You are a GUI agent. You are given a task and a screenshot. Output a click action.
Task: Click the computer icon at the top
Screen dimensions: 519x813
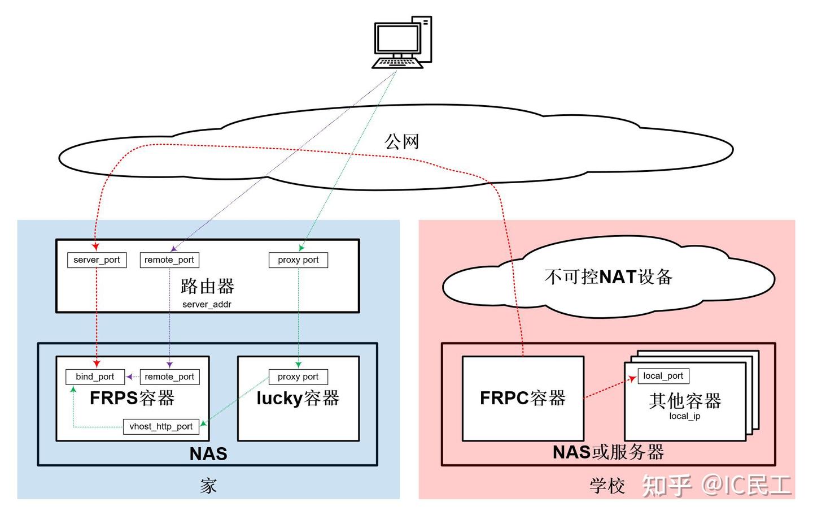click(402, 43)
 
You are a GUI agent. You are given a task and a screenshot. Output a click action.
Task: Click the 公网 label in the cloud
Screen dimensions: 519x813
click(402, 141)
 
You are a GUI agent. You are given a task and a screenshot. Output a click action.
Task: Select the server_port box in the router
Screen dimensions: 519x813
click(97, 260)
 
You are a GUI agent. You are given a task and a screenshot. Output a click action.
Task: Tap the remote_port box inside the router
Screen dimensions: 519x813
click(169, 260)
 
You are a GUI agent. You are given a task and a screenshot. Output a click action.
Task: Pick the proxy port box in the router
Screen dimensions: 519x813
click(298, 260)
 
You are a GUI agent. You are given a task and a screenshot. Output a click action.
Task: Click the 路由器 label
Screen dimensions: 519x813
click(207, 286)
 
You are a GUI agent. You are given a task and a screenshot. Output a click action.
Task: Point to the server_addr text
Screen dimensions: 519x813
click(207, 304)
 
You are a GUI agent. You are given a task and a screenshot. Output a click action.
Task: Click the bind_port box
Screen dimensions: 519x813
click(95, 377)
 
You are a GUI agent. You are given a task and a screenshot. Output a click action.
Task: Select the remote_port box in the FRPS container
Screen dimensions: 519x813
click(169, 377)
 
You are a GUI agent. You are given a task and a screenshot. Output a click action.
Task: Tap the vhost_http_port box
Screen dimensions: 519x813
click(161, 426)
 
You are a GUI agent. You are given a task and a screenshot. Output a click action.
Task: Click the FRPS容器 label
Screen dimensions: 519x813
click(132, 398)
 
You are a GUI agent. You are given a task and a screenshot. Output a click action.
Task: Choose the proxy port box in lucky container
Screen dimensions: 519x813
click(298, 377)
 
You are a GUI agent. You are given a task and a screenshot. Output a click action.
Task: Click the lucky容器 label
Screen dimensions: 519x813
click(298, 398)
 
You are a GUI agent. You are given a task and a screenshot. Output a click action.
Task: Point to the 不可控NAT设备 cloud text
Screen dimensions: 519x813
click(608, 276)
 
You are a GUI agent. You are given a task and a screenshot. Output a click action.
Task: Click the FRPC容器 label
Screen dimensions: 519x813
click(523, 398)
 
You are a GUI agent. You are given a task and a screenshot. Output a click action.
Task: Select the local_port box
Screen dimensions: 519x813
click(663, 376)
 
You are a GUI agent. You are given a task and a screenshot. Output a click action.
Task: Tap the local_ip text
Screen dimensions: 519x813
click(685, 416)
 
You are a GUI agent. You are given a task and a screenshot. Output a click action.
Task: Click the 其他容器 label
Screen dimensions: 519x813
click(685, 401)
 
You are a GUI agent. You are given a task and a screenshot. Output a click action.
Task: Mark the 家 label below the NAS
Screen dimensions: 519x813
click(208, 485)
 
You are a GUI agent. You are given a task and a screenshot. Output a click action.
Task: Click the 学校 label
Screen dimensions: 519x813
click(607, 485)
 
